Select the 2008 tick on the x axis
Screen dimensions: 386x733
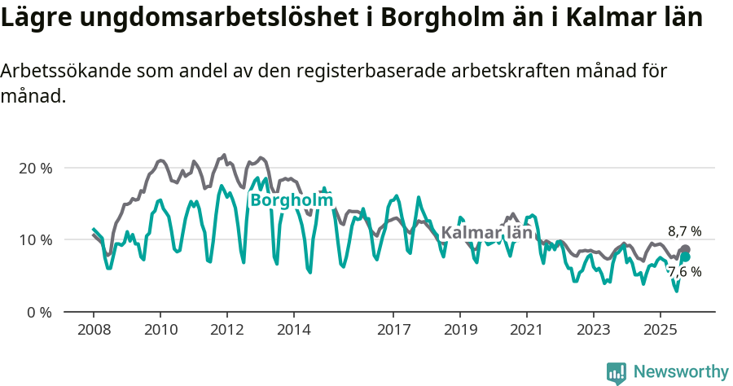pyautogui.click(x=94, y=331)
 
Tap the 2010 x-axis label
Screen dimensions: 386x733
pyautogui.click(x=160, y=331)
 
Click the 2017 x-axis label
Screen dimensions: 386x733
pyautogui.click(x=393, y=331)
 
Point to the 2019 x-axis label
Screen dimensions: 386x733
pyautogui.click(x=460, y=331)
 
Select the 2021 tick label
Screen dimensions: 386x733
pyautogui.click(x=527, y=331)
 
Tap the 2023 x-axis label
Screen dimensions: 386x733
pyautogui.click(x=593, y=331)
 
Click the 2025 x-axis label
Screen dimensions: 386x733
pyautogui.click(x=660, y=331)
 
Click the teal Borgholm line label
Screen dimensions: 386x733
pyautogui.click(x=292, y=200)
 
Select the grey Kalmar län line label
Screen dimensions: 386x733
pyautogui.click(x=486, y=233)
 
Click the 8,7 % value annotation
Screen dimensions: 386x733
pyautogui.click(x=684, y=231)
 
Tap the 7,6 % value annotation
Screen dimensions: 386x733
pyautogui.click(x=684, y=272)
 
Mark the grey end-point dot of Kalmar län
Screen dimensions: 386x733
pyautogui.click(x=685, y=249)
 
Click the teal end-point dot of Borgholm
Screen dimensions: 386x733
pyautogui.click(x=685, y=257)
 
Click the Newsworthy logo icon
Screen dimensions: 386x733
pyautogui.click(x=617, y=373)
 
